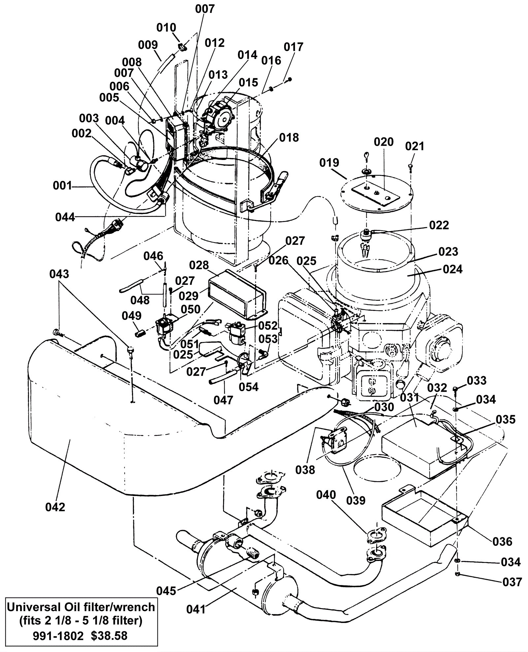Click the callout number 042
click(55, 507)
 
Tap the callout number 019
click(329, 163)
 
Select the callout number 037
click(512, 582)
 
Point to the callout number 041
click(196, 609)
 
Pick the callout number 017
click(293, 47)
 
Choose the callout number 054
click(248, 387)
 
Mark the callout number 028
click(199, 265)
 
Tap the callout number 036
click(502, 542)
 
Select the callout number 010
click(166, 27)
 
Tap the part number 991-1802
click(58, 636)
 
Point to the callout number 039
click(356, 500)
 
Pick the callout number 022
click(439, 225)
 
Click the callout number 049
click(132, 316)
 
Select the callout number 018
click(289, 137)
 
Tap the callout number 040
click(326, 495)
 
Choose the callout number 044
click(65, 217)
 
